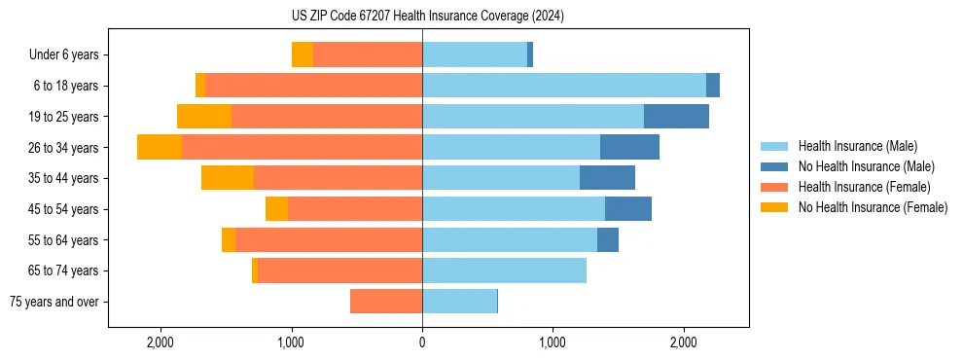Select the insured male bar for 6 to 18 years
coord(564,86)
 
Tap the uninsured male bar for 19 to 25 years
coord(676,117)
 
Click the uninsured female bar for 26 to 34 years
coord(160,147)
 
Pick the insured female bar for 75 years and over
coord(386,302)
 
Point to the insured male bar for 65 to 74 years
coord(504,270)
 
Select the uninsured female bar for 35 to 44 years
coord(228,178)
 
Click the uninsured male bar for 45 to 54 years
coord(628,209)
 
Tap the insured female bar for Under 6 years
coord(368,54)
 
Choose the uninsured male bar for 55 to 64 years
coord(608,239)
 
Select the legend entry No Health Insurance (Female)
coord(873,207)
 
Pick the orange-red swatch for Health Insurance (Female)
coord(775,187)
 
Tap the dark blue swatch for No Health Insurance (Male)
coord(775,166)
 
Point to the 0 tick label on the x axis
coord(422,342)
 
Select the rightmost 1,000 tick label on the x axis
coord(553,342)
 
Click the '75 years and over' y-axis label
coord(54,302)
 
